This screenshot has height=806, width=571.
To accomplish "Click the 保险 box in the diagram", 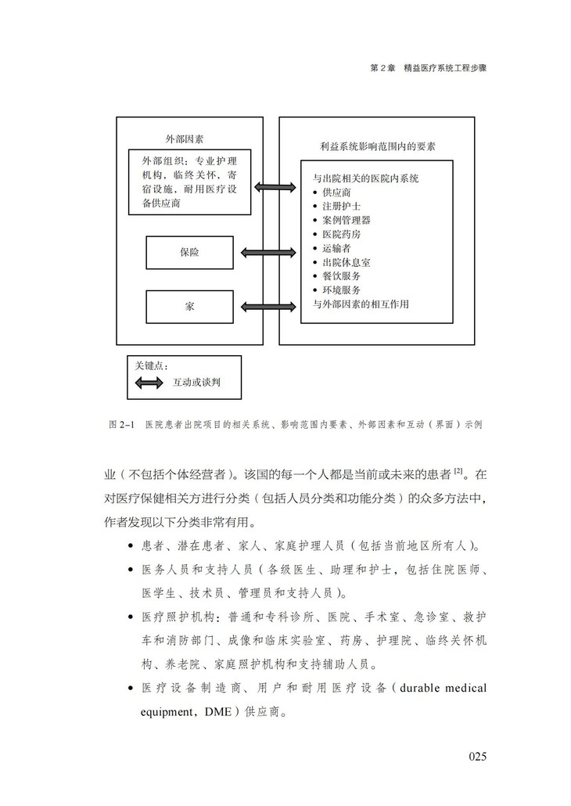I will [x=189, y=253].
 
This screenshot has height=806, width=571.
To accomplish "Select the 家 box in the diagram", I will [x=189, y=306].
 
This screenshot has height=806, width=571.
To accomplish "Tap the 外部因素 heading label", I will [x=185, y=139].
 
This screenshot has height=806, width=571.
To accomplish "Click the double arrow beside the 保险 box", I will [x=267, y=253].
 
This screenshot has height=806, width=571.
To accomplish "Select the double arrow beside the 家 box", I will [x=267, y=306].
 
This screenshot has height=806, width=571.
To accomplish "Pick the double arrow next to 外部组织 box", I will [x=275, y=188].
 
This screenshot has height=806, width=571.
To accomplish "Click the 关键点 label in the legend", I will [x=151, y=365].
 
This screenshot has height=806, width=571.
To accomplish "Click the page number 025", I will [x=478, y=756].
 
